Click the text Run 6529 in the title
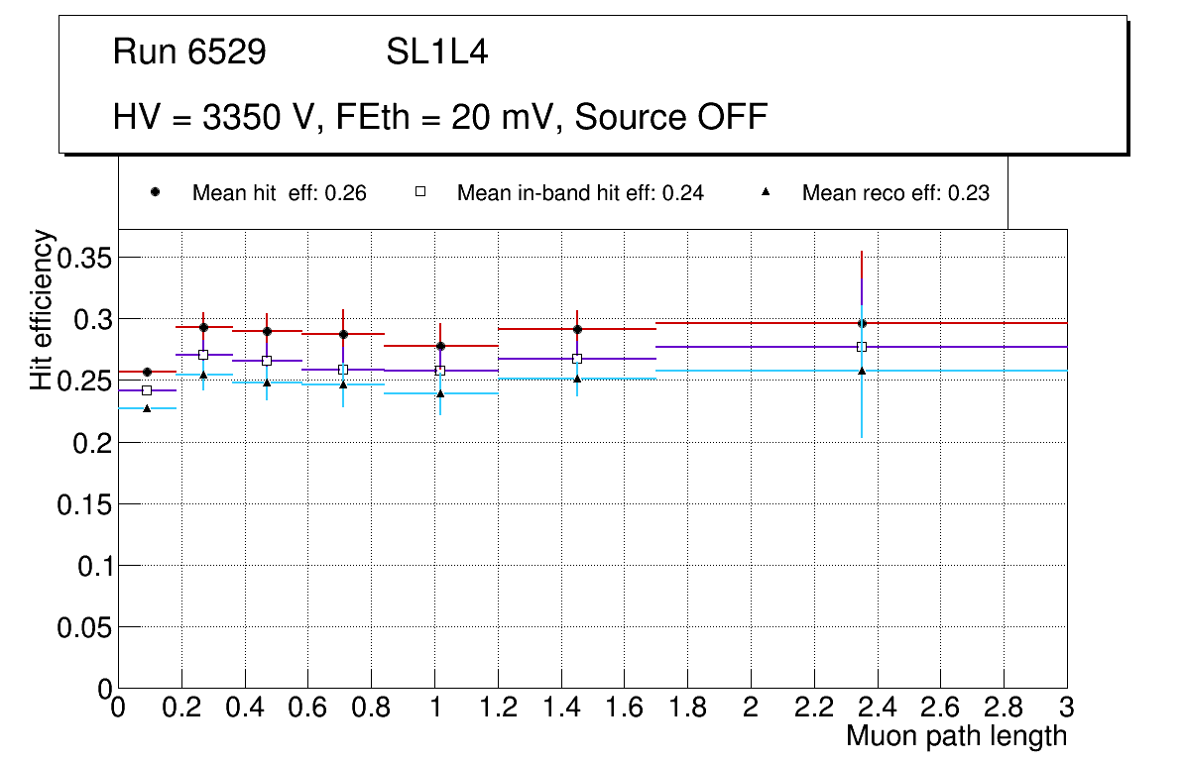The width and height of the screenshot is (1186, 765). [189, 53]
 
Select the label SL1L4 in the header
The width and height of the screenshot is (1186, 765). [436, 53]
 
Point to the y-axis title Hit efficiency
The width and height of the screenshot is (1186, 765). [42, 309]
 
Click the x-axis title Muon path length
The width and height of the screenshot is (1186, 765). [956, 736]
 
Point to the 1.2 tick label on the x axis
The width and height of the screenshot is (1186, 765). [498, 708]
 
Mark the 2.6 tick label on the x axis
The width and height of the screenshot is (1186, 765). [940, 708]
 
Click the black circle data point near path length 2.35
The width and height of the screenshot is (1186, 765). [862, 323]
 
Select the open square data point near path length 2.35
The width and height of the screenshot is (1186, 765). [862, 347]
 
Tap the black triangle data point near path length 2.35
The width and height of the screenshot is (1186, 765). [862, 371]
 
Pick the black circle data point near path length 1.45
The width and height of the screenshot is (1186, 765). [577, 329]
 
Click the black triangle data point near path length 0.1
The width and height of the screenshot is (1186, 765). [147, 408]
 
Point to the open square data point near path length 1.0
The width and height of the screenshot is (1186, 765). [440, 371]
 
